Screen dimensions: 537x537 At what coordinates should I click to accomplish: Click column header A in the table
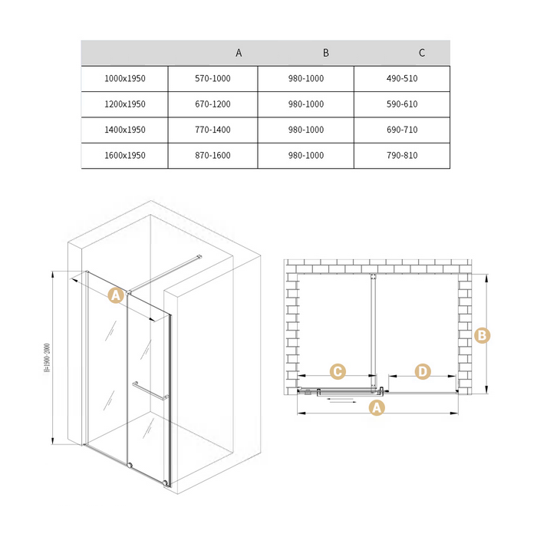[x=239, y=53]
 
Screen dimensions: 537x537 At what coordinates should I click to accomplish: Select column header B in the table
[x=326, y=53]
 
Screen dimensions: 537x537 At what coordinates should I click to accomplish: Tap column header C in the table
[x=422, y=53]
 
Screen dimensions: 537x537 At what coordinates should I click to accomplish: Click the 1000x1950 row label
[x=125, y=78]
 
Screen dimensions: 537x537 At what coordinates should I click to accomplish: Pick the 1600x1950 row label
[x=125, y=156]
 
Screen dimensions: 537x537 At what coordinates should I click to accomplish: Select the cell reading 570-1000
[x=212, y=78]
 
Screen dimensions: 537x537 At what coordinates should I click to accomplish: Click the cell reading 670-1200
[x=212, y=104]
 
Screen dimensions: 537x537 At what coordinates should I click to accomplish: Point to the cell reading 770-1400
[x=212, y=130]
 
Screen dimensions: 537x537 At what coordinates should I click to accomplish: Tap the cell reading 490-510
[x=402, y=78]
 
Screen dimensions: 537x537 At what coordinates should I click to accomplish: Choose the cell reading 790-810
[x=402, y=156]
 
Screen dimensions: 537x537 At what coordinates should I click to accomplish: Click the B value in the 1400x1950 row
[x=306, y=130]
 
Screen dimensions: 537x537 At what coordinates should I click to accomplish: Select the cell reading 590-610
[x=402, y=104]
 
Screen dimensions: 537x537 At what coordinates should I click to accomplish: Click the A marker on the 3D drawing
[x=116, y=295]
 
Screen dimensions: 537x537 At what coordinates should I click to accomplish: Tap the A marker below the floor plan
[x=377, y=407]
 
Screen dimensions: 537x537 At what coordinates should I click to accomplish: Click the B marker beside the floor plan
[x=483, y=335]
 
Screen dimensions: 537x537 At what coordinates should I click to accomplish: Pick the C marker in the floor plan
[x=338, y=371]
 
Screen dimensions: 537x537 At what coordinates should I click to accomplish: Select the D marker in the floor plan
[x=423, y=371]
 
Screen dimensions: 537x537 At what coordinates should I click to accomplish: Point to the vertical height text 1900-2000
[x=48, y=357]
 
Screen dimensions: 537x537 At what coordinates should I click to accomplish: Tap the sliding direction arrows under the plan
[x=341, y=400]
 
